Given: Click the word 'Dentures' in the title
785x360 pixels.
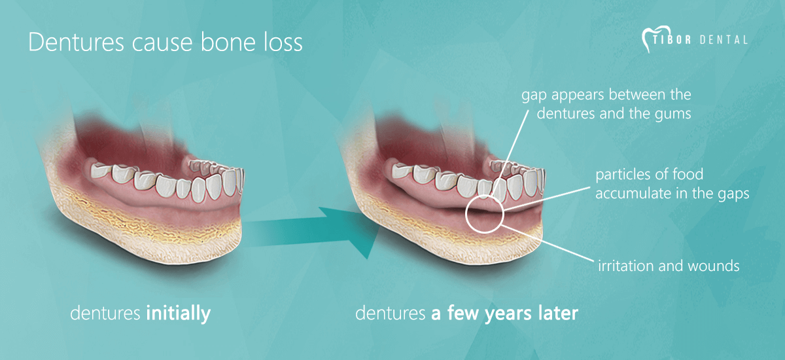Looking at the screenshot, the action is (x=76, y=43).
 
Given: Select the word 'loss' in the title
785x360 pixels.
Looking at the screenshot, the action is (x=283, y=43).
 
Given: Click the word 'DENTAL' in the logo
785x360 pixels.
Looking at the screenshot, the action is (x=724, y=40).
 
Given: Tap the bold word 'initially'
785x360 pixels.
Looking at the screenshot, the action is (x=179, y=313).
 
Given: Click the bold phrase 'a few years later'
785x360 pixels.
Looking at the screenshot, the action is (x=504, y=313).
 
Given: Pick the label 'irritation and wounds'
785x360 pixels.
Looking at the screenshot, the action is (x=669, y=266).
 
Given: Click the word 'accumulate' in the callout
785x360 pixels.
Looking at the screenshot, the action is (x=631, y=194).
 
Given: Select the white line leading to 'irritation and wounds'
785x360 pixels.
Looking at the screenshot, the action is (x=548, y=243).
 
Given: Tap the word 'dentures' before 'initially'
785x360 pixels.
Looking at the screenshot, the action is (x=105, y=313).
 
